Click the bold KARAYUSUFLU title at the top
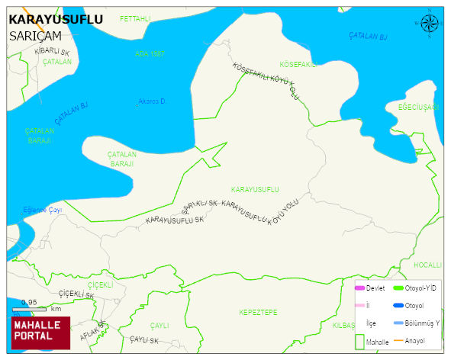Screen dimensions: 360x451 point(55,19)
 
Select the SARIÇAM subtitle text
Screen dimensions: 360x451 point(34,35)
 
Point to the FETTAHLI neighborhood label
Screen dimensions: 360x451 point(136,17)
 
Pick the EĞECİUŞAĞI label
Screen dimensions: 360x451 point(418,107)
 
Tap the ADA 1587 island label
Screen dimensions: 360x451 point(150,54)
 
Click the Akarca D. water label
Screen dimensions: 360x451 point(152,101)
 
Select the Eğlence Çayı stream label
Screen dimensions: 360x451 point(42,210)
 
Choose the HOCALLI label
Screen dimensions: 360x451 point(427,265)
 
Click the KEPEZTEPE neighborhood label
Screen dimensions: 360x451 point(258,313)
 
